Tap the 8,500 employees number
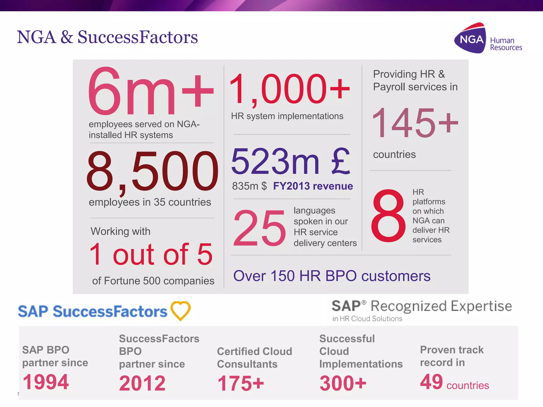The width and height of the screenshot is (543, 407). [x=152, y=171]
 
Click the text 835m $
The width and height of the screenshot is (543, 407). [x=249, y=186]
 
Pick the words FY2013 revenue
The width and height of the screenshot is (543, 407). [x=313, y=186]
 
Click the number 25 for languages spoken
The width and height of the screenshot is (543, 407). [x=259, y=228]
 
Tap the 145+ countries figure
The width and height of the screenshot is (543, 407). [x=415, y=123]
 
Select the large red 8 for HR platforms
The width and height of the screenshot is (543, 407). [x=388, y=216]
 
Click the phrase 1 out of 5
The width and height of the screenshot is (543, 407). [x=151, y=254]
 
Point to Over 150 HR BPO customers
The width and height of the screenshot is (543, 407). [x=332, y=276]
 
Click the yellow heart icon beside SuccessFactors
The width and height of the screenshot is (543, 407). [x=181, y=311]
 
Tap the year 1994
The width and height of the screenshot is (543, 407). [x=46, y=382]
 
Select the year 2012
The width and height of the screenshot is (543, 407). [x=142, y=383]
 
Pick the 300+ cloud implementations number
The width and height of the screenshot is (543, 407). [x=343, y=383]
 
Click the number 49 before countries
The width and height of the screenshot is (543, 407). [x=431, y=382]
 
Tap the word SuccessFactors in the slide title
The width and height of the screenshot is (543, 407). [x=138, y=37]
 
